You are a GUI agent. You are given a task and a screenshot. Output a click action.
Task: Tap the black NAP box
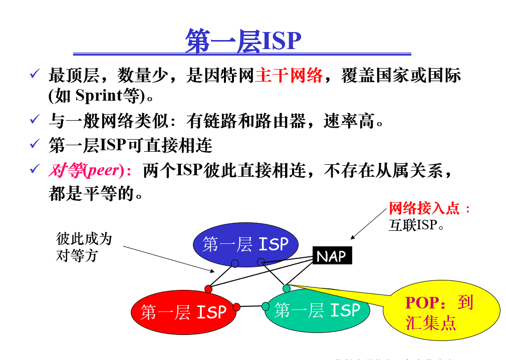[x=332, y=256]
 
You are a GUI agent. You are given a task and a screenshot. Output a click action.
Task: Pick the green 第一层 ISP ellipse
[x=317, y=310]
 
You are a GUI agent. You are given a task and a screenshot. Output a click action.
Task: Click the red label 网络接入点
[x=424, y=208]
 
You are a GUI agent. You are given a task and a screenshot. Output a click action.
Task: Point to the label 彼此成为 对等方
[x=83, y=247]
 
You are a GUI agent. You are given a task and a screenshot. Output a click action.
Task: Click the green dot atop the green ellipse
[x=287, y=288]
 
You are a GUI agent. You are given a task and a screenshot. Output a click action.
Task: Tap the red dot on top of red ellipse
[x=208, y=289]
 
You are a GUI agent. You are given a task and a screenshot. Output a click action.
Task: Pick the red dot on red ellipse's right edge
[x=236, y=307]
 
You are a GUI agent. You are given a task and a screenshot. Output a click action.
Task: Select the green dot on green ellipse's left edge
[x=266, y=306]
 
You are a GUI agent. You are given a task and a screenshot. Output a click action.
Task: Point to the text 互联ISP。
[x=417, y=225]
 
